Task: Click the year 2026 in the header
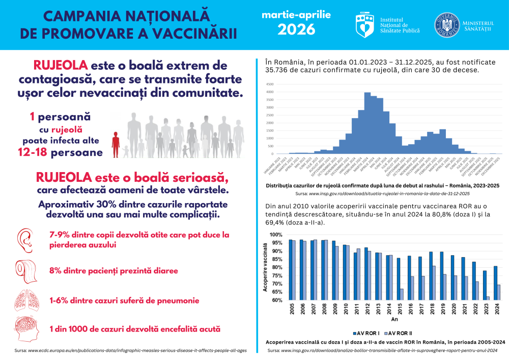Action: click(x=296, y=30)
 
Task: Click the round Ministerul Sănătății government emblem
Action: click(x=446, y=24)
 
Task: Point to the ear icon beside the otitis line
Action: click(x=25, y=240)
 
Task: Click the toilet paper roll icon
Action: click(x=26, y=270)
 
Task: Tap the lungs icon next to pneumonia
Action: click(x=25, y=300)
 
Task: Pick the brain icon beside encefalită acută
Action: click(x=25, y=329)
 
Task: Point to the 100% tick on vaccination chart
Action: click(x=275, y=235)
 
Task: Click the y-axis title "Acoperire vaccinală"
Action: click(x=265, y=267)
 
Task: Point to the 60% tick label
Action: click(x=276, y=300)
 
